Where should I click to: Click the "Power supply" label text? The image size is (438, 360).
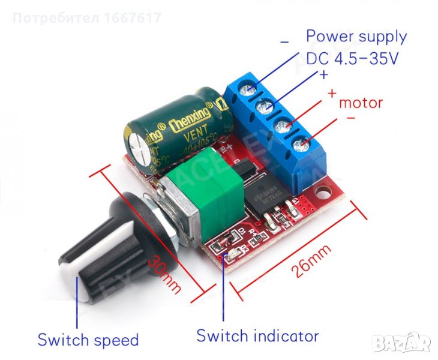click(356, 36)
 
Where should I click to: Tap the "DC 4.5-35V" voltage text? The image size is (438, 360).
click(352, 59)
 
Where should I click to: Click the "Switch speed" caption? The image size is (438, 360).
click(88, 340)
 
